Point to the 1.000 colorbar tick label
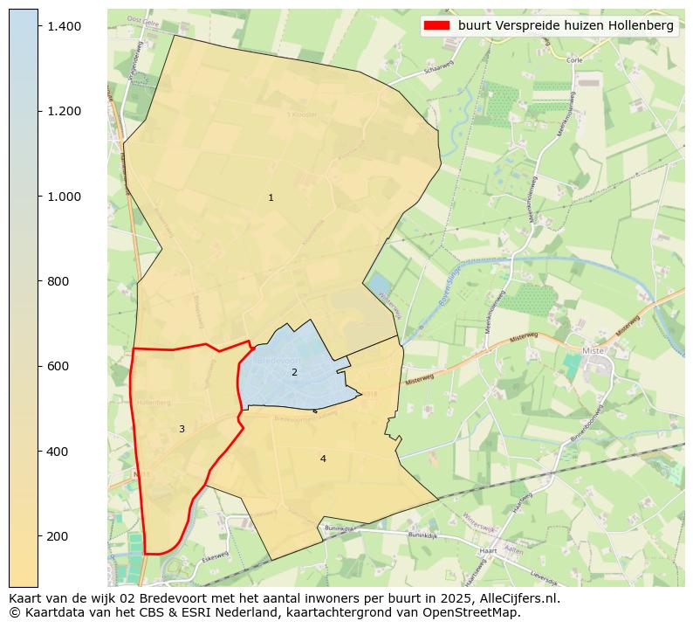click(65, 197)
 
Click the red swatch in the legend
click(436, 25)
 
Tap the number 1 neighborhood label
click(271, 198)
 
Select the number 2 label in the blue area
click(294, 373)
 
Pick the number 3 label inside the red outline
click(182, 429)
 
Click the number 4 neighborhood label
click(323, 459)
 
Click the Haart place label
click(489, 551)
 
